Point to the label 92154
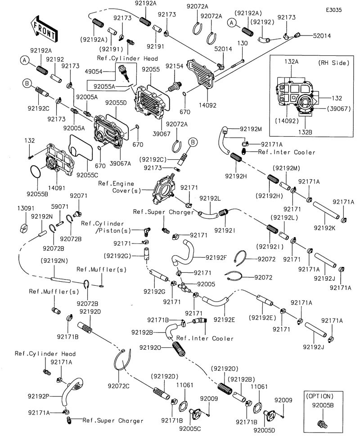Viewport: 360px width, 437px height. coord(174,67)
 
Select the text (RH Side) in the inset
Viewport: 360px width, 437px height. coord(333,63)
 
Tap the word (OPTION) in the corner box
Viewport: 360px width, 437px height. coord(319,396)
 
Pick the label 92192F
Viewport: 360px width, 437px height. coord(216,258)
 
